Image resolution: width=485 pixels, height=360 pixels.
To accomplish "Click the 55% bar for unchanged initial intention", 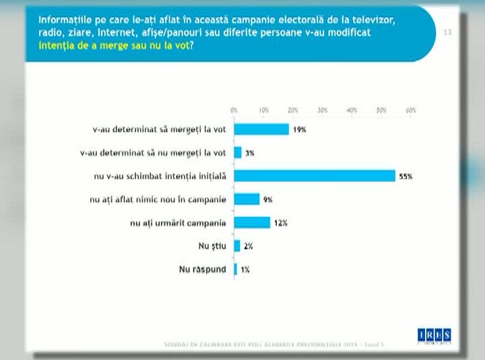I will click(x=315, y=176).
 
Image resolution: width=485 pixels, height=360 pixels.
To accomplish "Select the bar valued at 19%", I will click(x=261, y=129).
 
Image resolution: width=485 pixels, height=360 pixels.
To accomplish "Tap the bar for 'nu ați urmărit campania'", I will click(x=252, y=222).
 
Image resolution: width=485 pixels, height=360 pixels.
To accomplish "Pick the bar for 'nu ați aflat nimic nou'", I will click(x=247, y=199).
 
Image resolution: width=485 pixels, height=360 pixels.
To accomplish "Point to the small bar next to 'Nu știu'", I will click(x=237, y=246).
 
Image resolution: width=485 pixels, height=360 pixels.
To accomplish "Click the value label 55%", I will click(x=405, y=177).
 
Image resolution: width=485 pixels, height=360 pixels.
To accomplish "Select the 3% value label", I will click(x=249, y=153).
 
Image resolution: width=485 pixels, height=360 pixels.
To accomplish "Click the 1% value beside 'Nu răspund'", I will click(x=245, y=270).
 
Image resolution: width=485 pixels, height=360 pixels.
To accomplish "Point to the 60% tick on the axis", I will click(x=411, y=110).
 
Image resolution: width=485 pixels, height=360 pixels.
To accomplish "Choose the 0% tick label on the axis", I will click(x=234, y=110).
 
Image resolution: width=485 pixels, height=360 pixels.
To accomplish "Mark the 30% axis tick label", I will click(x=323, y=110).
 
